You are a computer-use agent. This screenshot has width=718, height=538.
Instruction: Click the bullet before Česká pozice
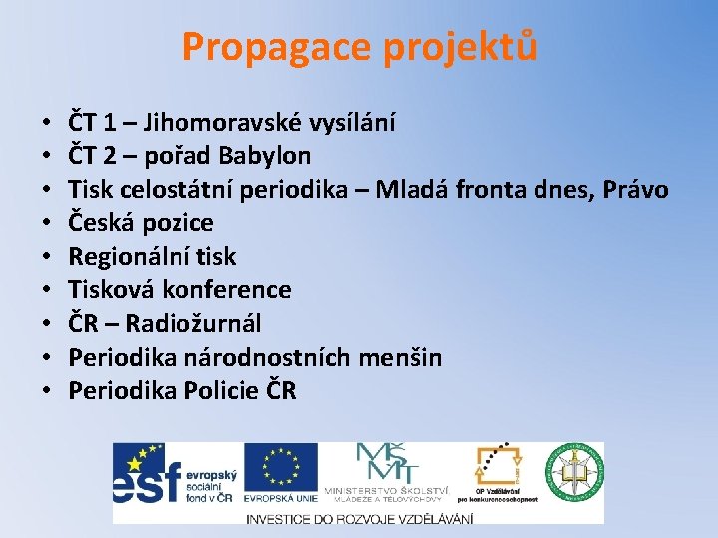coord(49,223)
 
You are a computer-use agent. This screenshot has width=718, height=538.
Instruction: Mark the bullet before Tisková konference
coord(49,290)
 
